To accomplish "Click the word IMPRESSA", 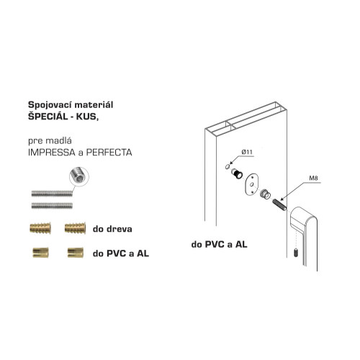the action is (x=52, y=153).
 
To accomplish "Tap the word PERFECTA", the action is (x=109, y=153).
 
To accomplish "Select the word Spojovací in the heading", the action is (x=50, y=105).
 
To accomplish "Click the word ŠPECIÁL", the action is (x=48, y=117).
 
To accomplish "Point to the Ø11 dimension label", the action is (x=247, y=152).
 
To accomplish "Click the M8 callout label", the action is (x=313, y=178).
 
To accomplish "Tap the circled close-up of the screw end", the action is (x=79, y=177).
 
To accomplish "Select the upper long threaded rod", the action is (x=52, y=194).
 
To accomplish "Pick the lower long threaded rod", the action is (x=52, y=205).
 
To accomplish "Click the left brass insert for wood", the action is (x=40, y=228).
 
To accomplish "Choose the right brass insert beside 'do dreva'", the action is (x=75, y=228).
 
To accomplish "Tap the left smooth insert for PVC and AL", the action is (x=40, y=253).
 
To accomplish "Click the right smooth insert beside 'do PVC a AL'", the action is (x=76, y=253).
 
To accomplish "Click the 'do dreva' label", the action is (x=112, y=229).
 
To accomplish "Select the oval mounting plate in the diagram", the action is (x=251, y=185).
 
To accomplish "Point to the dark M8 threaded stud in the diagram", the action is (x=279, y=204).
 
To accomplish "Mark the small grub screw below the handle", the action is (x=296, y=253).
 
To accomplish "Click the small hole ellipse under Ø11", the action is (x=228, y=166).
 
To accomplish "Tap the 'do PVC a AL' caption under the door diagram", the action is (x=219, y=244).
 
